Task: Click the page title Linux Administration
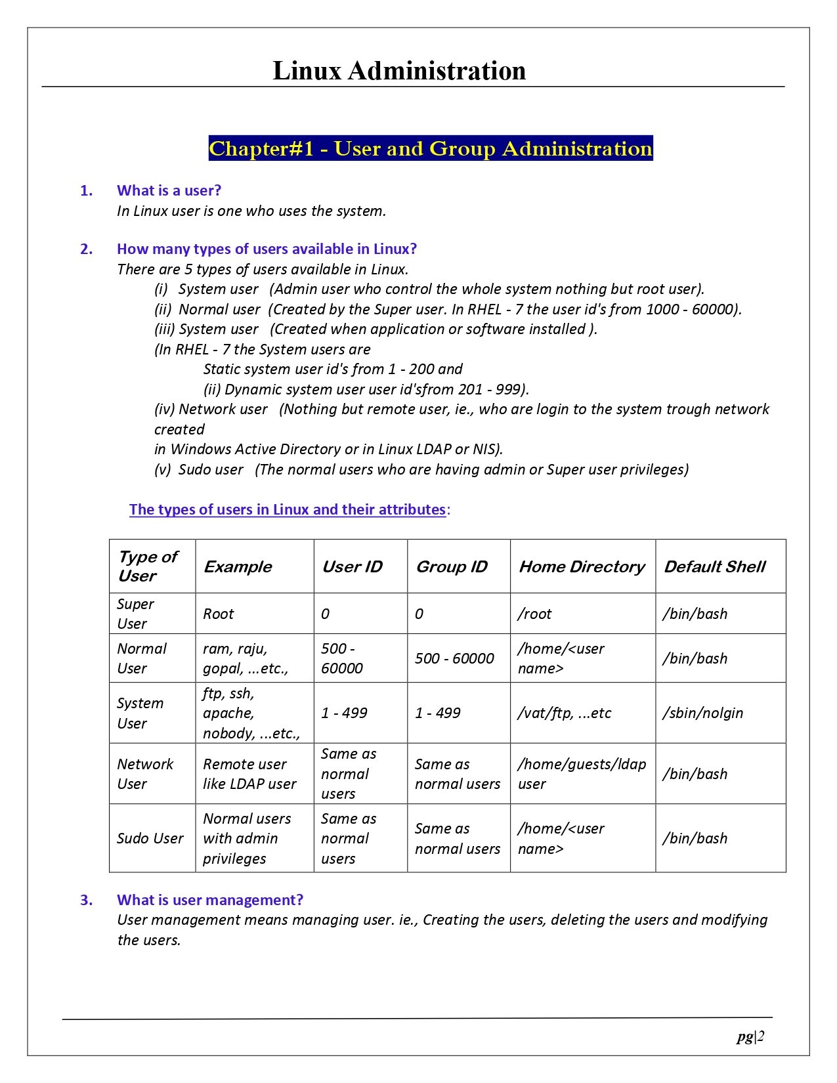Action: tap(399, 71)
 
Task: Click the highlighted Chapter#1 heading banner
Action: tap(431, 148)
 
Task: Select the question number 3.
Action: tap(86, 900)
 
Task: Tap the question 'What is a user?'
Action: tap(169, 190)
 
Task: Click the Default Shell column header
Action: tap(714, 566)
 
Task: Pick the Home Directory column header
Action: tap(582, 566)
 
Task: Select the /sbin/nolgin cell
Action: tap(702, 713)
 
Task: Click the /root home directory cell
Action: tap(534, 614)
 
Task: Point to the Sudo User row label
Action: tap(150, 838)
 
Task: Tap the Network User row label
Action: tap(145, 774)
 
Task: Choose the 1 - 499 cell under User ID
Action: tap(344, 713)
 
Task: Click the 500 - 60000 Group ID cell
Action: tap(454, 658)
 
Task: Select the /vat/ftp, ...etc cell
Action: tap(565, 713)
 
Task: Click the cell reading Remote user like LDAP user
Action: tap(249, 774)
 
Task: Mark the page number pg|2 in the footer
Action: tap(750, 1036)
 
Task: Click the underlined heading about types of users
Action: tap(288, 509)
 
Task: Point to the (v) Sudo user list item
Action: tap(421, 469)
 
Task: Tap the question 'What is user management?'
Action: tap(210, 900)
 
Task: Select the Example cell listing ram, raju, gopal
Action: tap(246, 658)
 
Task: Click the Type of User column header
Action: tap(148, 566)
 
